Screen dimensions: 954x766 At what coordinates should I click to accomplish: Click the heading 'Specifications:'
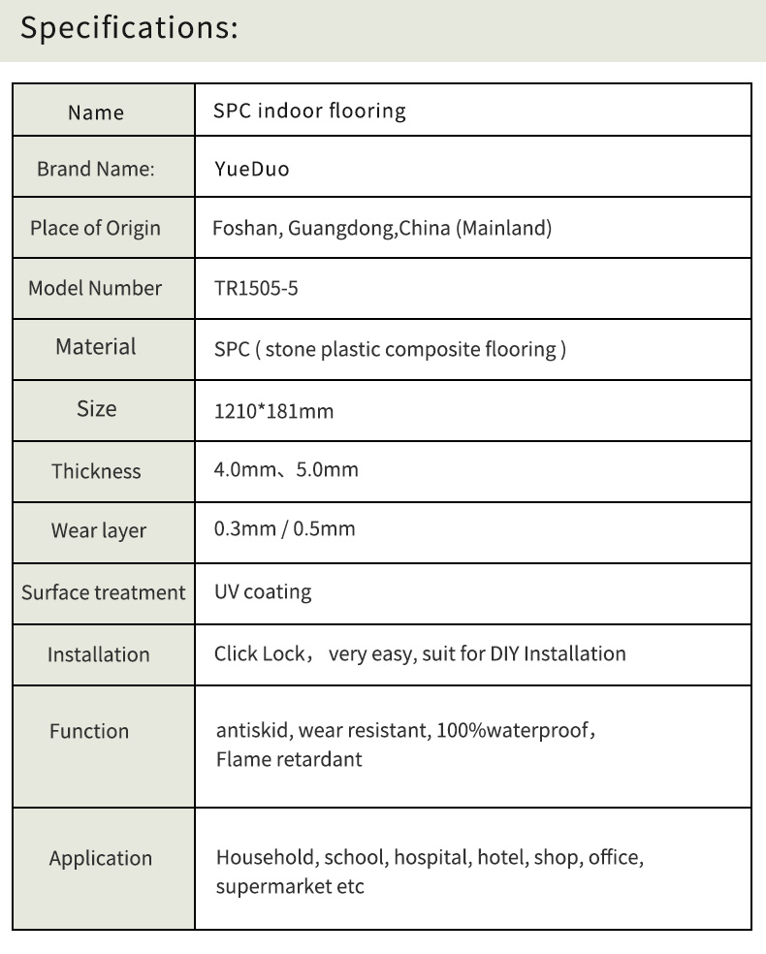(129, 27)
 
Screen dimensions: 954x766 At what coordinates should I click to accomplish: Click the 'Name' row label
(96, 112)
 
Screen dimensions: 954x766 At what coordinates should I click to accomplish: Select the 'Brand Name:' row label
(96, 170)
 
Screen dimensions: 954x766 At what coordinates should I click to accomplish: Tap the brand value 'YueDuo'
(251, 170)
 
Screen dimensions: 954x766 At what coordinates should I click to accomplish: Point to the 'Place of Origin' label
(95, 229)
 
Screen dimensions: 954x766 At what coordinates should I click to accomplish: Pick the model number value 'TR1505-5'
(256, 289)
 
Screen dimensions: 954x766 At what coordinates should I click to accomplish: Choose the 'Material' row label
(96, 346)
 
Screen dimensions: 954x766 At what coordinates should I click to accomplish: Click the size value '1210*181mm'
(273, 411)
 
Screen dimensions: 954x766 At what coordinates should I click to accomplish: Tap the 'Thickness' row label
(96, 471)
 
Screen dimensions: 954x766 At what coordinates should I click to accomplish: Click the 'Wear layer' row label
(99, 531)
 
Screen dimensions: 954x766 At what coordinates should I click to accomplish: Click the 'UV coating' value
(263, 591)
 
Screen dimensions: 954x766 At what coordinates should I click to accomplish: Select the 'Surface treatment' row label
(103, 592)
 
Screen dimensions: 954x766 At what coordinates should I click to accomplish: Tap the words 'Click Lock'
(259, 653)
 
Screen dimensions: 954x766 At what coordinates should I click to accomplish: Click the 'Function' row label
(89, 731)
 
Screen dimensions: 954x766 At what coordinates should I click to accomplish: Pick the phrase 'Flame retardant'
(289, 759)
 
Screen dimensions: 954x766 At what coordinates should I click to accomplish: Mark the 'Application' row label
(101, 858)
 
